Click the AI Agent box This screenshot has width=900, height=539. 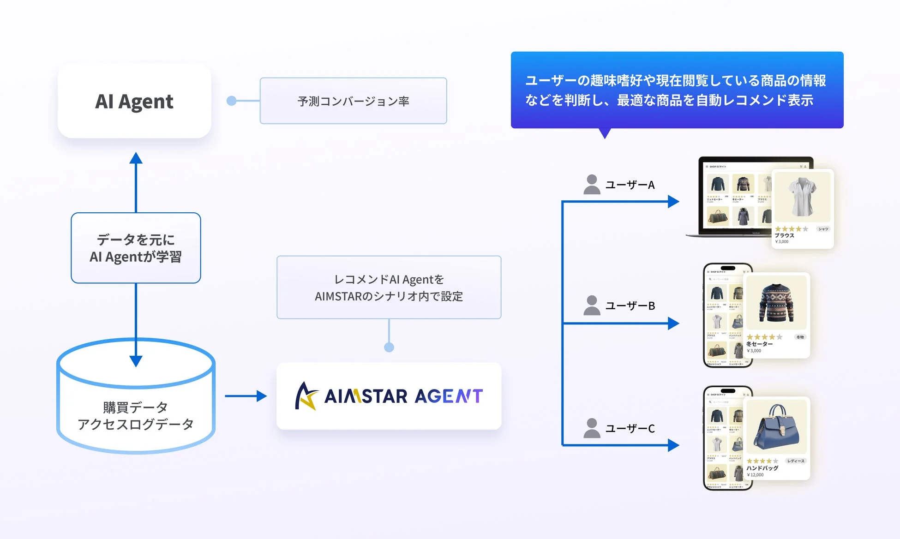[x=134, y=101]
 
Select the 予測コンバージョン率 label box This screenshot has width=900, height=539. [x=353, y=101]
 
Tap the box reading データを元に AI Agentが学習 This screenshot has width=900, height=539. [x=136, y=248]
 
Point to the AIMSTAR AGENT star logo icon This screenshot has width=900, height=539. [x=306, y=396]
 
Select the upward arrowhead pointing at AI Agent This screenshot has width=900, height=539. [x=136, y=158]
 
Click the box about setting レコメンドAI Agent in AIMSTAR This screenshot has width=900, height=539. [x=389, y=287]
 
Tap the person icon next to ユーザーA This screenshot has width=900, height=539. [x=591, y=185]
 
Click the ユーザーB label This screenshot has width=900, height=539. [x=630, y=305]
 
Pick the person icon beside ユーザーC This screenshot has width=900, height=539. [x=591, y=428]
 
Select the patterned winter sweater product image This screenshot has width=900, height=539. [x=776, y=303]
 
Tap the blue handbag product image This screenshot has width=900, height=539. [x=776, y=427]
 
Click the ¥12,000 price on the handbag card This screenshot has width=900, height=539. [x=756, y=475]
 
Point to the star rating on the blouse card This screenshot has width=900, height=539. [x=791, y=229]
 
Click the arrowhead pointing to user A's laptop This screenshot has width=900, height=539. [x=673, y=202]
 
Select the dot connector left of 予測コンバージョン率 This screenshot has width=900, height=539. [x=232, y=101]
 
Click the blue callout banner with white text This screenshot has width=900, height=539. [x=677, y=90]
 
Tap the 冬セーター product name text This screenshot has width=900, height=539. [x=759, y=344]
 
